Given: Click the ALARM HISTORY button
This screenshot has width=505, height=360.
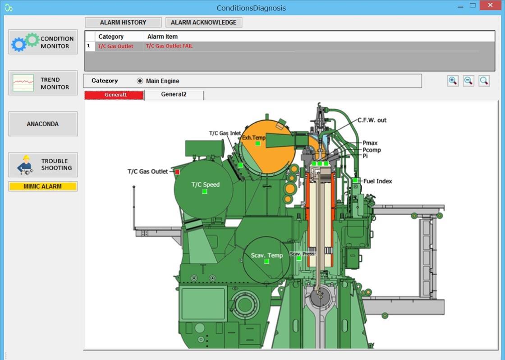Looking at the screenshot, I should click(123, 23).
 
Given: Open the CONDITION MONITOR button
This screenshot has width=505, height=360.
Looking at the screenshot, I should click(43, 42).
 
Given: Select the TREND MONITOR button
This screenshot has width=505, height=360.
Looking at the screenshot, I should click(43, 83).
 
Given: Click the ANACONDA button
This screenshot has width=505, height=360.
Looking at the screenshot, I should click(43, 124).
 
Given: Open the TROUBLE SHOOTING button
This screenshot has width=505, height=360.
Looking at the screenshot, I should click(43, 165).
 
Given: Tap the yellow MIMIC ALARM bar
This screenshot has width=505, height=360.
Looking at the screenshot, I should click(43, 186).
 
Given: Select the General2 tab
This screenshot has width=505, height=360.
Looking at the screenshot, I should click(174, 95).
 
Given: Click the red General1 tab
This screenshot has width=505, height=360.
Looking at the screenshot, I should click(115, 95).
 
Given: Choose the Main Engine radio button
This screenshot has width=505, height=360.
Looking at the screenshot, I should click(140, 81).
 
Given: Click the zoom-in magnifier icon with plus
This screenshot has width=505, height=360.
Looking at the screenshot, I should click(453, 81).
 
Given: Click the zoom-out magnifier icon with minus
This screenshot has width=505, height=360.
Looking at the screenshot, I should click(468, 81).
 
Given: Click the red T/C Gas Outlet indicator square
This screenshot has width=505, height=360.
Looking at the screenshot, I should click(177, 172).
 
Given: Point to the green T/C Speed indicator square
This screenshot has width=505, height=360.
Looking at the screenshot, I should click(205, 192).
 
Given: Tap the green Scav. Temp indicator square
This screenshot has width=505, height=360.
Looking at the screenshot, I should click(266, 261).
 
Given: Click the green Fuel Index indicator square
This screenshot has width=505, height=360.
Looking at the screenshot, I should click(355, 180).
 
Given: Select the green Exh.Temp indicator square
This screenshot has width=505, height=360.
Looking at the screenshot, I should click(258, 143).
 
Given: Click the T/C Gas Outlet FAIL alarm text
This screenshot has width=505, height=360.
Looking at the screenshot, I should click(169, 46).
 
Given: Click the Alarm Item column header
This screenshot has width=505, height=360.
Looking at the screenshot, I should click(163, 37).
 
